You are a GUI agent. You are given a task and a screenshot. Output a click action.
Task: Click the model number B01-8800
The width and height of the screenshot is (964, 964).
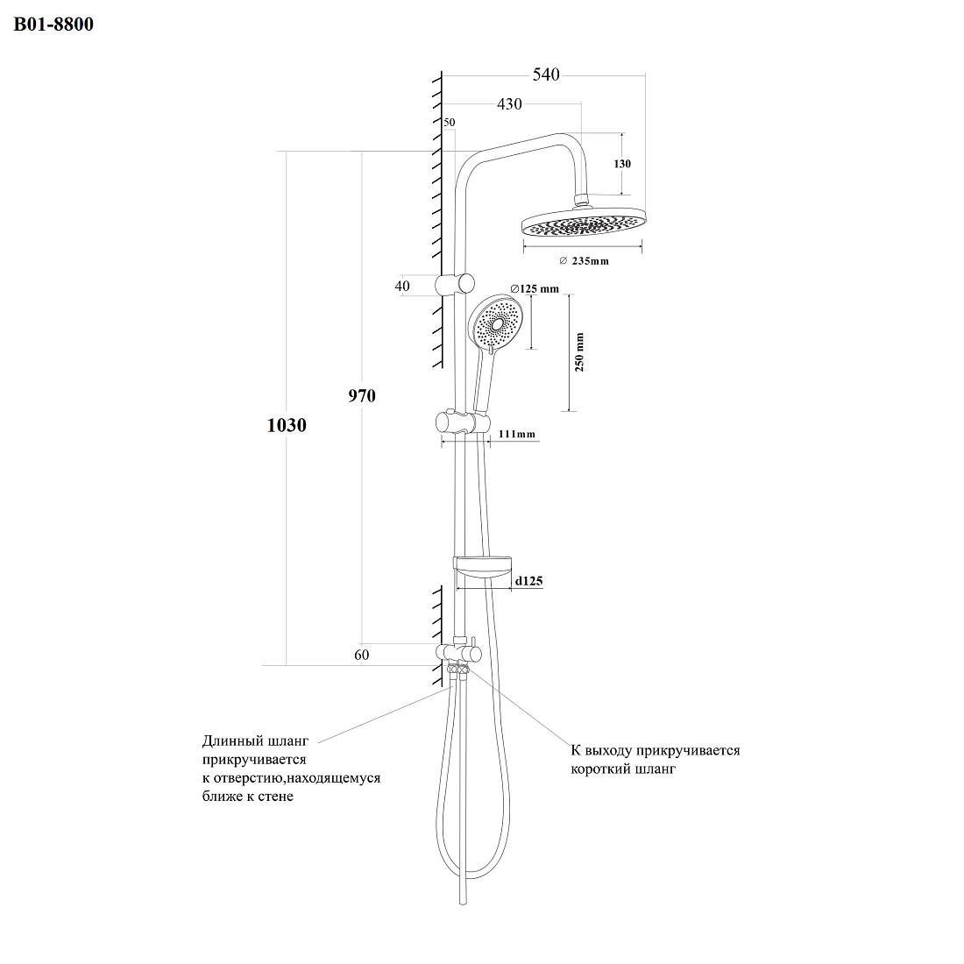(53, 24)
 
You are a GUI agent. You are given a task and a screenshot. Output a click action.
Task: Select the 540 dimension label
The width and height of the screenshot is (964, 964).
(546, 74)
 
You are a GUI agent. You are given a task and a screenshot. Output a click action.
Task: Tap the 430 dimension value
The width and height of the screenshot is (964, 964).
(509, 104)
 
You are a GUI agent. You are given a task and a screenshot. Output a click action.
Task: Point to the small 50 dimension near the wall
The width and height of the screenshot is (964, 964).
(450, 123)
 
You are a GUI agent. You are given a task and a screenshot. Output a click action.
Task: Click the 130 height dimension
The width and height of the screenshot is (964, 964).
(622, 164)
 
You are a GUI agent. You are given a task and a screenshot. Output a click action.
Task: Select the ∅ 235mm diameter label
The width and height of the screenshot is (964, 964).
(584, 260)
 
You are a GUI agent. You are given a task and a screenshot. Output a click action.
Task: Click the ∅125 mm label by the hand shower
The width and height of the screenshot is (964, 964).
(535, 288)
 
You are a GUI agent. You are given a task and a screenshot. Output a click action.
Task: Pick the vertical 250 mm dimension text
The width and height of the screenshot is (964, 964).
(579, 353)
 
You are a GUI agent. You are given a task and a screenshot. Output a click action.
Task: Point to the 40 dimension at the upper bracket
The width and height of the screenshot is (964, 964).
(402, 286)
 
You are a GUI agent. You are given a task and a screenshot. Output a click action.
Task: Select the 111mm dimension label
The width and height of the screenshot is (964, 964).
(516, 434)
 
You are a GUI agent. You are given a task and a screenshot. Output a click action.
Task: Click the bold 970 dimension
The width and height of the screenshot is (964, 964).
(362, 396)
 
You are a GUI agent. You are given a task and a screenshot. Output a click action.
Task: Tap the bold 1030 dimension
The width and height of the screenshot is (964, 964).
(287, 425)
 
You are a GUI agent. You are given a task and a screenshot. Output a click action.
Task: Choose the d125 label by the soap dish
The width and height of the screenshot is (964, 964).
(528, 581)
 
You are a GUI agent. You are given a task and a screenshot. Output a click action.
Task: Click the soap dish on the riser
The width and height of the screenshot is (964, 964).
(482, 568)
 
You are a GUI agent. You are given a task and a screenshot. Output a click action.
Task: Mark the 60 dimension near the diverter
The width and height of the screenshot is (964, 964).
(361, 655)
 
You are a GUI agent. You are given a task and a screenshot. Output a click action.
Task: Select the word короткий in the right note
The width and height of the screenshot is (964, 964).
(599, 769)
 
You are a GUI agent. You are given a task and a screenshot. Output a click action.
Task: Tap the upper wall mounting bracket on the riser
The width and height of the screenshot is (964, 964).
(455, 285)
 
